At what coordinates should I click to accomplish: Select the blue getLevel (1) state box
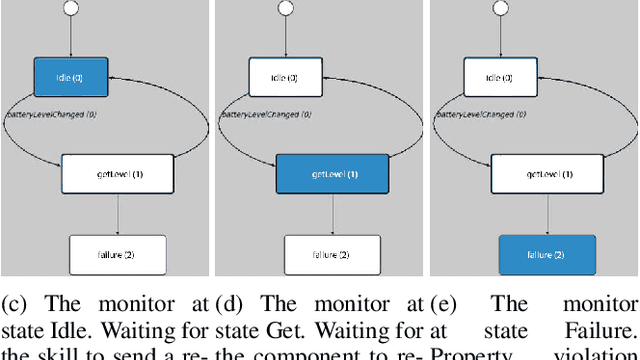pyautogui.click(x=331, y=173)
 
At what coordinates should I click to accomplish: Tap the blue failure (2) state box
pyautogui.click(x=546, y=254)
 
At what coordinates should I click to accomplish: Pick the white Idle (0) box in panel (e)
pyautogui.click(x=499, y=76)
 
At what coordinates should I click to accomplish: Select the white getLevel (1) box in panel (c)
pyautogui.click(x=118, y=173)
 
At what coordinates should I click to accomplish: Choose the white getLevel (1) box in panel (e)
pyautogui.click(x=546, y=173)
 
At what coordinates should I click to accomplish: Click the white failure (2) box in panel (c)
pyautogui.click(x=118, y=254)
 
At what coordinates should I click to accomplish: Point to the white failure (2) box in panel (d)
pyautogui.click(x=331, y=254)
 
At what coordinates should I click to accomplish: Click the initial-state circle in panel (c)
pyautogui.click(x=71, y=9)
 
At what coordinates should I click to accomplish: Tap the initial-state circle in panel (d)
pyautogui.click(x=285, y=9)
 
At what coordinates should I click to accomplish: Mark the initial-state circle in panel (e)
pyautogui.click(x=499, y=9)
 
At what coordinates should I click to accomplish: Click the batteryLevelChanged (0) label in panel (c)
pyautogui.click(x=46, y=116)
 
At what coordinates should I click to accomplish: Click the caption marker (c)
pyautogui.click(x=13, y=304)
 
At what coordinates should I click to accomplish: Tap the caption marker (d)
pyautogui.click(x=221, y=304)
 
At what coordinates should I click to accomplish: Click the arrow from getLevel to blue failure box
pyautogui.click(x=546, y=214)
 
